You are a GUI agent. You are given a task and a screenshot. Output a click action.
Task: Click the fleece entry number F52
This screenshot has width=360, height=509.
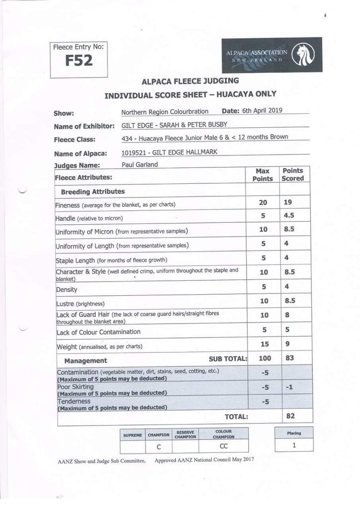click(x=79, y=61)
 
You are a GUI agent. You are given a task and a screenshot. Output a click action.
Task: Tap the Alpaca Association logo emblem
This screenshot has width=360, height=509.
click(x=302, y=55)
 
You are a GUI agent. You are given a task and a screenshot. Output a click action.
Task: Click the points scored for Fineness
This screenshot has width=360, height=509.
click(x=287, y=202)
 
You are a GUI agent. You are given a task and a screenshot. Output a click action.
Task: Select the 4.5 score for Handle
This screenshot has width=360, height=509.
click(x=288, y=216)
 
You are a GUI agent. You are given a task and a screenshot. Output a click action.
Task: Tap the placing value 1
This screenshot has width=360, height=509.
click(x=294, y=445)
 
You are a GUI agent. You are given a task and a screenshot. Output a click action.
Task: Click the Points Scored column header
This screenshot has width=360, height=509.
click(x=292, y=174)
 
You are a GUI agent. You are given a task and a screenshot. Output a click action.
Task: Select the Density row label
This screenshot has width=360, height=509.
click(x=67, y=289)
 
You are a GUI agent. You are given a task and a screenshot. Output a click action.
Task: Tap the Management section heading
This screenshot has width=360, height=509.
click(x=86, y=360)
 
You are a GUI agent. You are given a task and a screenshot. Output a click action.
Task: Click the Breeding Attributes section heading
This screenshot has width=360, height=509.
click(x=92, y=191)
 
